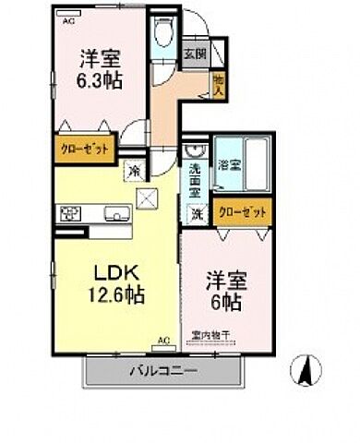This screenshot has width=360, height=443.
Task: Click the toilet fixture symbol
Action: click(x=163, y=36)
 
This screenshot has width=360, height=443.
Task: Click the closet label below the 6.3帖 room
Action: click(x=85, y=148)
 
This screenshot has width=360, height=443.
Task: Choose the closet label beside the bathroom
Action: click(x=245, y=212)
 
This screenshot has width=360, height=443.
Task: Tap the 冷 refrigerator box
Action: click(x=133, y=170)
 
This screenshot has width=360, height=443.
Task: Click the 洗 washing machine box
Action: click(x=197, y=214)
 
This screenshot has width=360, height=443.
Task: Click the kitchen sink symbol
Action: click(x=118, y=216)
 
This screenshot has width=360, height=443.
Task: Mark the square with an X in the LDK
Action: click(x=147, y=197)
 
